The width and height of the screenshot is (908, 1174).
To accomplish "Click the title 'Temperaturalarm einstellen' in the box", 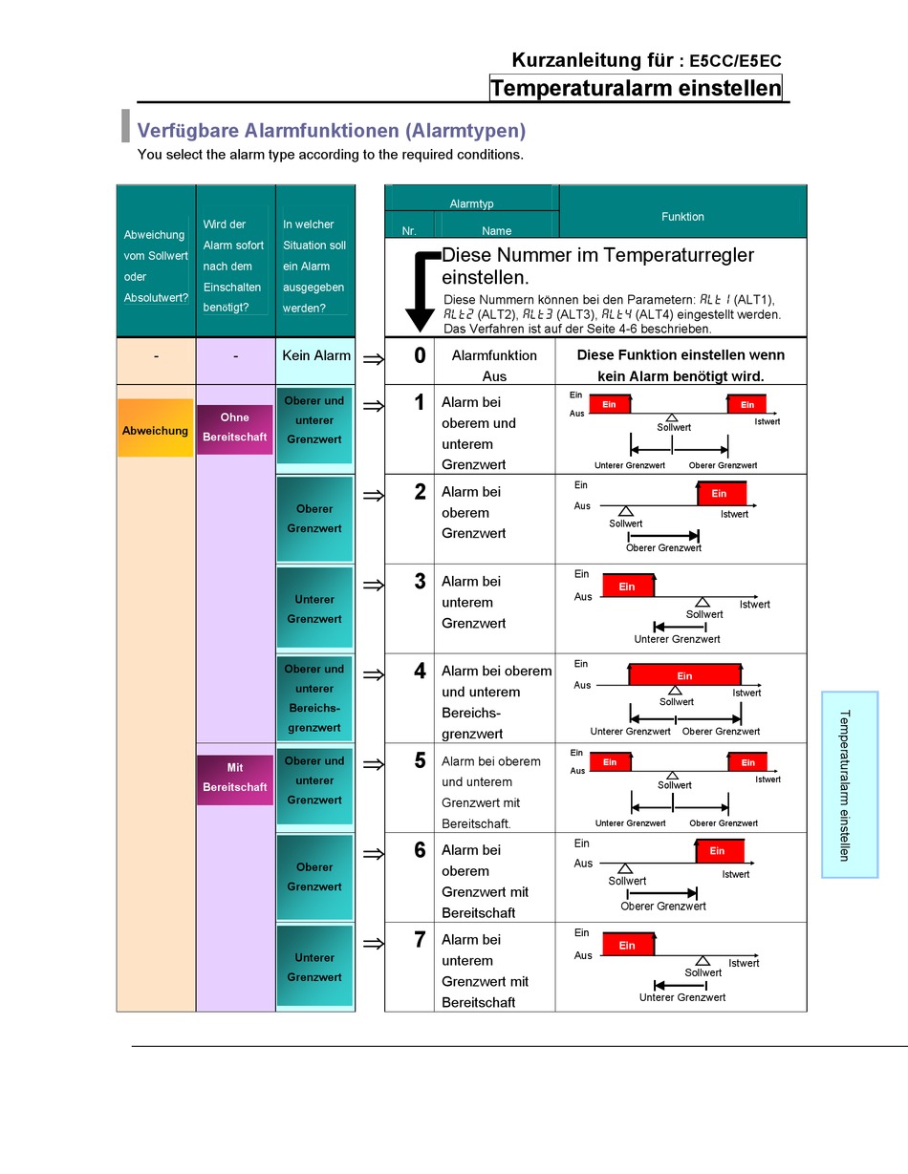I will click(x=636, y=89).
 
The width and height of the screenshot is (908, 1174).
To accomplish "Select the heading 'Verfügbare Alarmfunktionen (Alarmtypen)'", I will click(x=332, y=131).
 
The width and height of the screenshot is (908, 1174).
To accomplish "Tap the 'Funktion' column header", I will click(x=682, y=217).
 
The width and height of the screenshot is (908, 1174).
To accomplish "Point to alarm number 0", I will click(x=420, y=356).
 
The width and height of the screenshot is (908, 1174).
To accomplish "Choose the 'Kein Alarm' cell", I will click(x=316, y=355).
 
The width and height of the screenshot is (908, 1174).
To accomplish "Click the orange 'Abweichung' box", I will click(x=155, y=431).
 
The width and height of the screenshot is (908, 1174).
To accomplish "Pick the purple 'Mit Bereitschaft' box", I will click(x=234, y=778).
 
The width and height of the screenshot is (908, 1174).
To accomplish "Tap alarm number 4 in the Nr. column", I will click(x=420, y=672).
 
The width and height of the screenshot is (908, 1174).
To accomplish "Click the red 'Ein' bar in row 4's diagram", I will click(x=684, y=674).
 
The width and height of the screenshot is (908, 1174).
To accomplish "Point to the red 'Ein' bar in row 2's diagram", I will click(x=721, y=494).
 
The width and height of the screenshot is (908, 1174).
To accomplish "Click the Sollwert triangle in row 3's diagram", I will click(x=703, y=601).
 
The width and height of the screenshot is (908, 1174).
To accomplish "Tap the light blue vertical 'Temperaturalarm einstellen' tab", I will click(x=849, y=784).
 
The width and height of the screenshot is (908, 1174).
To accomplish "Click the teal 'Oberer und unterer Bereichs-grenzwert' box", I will click(x=314, y=698).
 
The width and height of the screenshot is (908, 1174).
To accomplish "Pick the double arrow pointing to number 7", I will click(x=374, y=944).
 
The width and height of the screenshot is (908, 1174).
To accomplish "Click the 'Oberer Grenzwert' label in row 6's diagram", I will click(x=663, y=906).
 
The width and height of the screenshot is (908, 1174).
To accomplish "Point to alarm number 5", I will click(x=420, y=761).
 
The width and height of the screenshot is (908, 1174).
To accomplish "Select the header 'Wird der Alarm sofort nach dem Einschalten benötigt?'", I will click(x=234, y=266).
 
